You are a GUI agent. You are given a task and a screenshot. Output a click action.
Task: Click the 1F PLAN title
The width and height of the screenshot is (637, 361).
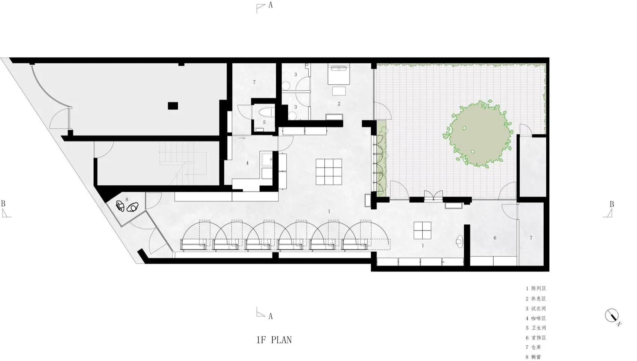[274, 340]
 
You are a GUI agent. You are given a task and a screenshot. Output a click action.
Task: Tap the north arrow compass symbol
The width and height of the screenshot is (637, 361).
[612, 316]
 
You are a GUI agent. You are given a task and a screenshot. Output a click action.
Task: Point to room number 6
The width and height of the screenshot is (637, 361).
[495, 238]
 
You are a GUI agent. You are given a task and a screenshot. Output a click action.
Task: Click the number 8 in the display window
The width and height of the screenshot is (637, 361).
[127, 200]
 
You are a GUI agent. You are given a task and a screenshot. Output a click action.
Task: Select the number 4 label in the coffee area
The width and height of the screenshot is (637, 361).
[247, 163]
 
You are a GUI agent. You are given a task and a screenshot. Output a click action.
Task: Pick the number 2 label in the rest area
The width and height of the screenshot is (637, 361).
[339, 104]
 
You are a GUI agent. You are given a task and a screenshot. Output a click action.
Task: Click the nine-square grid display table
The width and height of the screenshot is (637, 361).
[329, 172]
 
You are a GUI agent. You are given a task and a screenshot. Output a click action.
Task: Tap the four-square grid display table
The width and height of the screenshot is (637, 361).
[422, 231]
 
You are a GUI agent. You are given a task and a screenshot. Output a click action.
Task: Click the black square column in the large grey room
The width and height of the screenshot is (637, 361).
[173, 106]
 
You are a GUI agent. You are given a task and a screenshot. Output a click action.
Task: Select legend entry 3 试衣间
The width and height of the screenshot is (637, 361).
[536, 309]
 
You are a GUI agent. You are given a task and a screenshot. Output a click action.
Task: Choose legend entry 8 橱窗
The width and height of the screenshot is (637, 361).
[533, 357]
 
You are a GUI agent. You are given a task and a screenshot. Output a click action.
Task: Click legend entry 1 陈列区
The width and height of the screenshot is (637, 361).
[536, 288]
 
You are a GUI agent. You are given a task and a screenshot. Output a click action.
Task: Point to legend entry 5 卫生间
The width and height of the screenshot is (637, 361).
[536, 328]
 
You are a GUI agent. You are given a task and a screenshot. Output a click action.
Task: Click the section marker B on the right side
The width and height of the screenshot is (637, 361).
[608, 209]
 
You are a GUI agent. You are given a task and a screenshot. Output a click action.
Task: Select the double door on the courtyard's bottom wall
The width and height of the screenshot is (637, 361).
[434, 196]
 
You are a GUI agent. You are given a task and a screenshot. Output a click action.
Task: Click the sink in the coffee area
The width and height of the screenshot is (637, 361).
[267, 159]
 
